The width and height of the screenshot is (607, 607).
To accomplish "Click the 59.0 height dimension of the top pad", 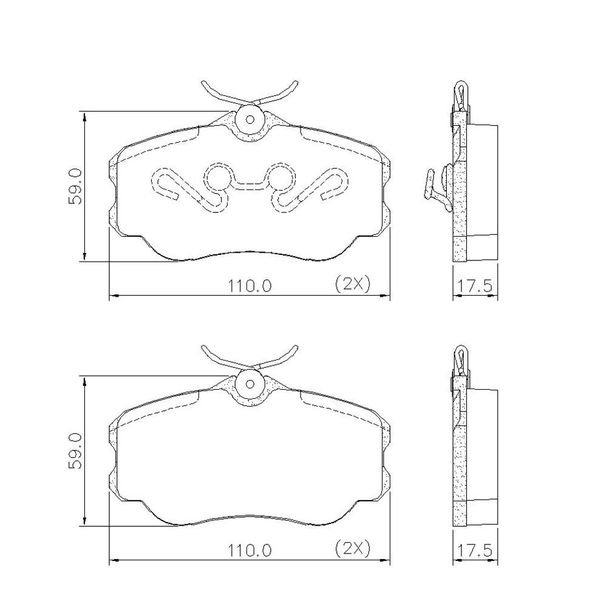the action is [75, 186].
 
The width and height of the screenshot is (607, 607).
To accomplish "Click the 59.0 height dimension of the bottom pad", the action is [75, 452].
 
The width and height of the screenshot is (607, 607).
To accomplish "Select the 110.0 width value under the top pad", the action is [249, 286].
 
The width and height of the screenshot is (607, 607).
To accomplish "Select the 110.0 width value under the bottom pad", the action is [249, 550].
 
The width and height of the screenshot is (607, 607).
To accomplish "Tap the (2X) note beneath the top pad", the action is [352, 283].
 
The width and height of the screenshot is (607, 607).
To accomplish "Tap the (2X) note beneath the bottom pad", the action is [352, 548].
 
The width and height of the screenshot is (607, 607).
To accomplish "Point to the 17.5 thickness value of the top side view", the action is [475, 286].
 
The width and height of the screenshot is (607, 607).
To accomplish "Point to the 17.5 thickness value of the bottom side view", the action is [475, 550].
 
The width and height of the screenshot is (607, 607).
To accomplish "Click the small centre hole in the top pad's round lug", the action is [250, 119].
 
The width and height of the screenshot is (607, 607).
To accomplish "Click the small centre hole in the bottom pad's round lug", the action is [250, 384].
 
